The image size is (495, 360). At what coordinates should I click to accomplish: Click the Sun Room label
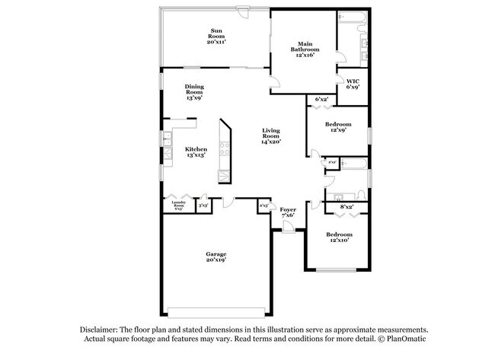click(x=216, y=37)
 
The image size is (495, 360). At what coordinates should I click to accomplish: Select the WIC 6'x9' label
click(x=353, y=84)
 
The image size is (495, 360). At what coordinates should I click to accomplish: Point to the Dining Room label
click(x=194, y=92)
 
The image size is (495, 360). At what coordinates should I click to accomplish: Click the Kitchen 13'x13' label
click(x=196, y=152)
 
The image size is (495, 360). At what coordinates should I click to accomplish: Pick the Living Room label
click(x=271, y=135)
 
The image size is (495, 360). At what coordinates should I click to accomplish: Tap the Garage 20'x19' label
click(x=216, y=256)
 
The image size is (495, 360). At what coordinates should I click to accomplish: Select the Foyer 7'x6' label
click(x=288, y=212)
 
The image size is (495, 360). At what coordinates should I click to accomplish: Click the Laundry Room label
click(x=179, y=205)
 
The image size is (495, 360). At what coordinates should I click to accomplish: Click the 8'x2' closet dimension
click(x=346, y=207)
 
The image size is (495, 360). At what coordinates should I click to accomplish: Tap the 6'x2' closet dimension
click(x=321, y=100)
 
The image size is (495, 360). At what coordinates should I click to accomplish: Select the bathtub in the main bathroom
click(x=353, y=17)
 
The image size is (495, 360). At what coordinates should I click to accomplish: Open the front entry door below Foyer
click(x=287, y=229)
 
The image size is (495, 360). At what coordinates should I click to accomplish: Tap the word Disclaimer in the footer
click(x=102, y=329)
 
